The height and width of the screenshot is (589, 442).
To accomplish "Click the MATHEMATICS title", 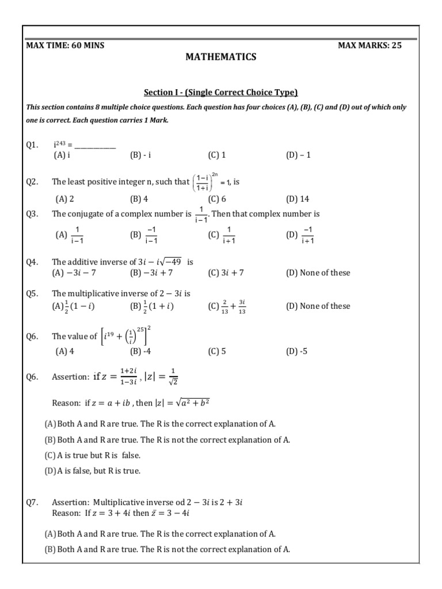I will [x=220, y=57].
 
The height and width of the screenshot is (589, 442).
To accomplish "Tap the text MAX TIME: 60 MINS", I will [x=66, y=45].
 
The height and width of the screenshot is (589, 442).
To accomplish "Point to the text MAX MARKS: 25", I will [x=369, y=45].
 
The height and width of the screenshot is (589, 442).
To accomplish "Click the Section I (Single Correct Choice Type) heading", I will [x=220, y=93].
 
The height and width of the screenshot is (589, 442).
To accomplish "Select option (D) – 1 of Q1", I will [x=298, y=155].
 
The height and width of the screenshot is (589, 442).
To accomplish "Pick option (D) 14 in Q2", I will [x=298, y=199].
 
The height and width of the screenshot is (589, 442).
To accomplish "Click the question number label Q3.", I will [x=32, y=214].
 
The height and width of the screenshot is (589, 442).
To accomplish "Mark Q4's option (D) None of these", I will [x=318, y=273].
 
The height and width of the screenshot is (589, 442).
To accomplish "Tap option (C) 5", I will [x=217, y=351].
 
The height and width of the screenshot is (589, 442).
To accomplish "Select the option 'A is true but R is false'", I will [x=93, y=455].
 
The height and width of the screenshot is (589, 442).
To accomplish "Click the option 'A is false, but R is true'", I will [x=93, y=471].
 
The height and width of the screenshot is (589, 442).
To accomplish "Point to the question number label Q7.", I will [x=32, y=502].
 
